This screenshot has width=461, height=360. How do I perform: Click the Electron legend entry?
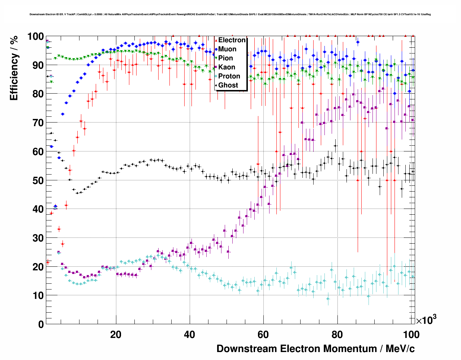(232, 40)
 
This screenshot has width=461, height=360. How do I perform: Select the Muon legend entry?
(227, 49)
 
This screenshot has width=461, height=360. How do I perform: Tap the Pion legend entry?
(225, 58)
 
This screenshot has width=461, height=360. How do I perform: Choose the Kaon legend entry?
(227, 67)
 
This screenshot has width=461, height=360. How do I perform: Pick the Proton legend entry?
(229, 76)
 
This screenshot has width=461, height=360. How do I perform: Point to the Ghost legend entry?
(228, 85)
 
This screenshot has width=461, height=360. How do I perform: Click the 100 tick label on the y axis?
(35, 37)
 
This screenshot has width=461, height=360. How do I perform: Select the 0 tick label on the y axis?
(41, 324)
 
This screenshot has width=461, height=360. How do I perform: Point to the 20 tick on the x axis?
(116, 335)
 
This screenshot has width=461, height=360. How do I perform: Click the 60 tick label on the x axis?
(263, 335)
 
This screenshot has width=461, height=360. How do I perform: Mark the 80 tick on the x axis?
(337, 335)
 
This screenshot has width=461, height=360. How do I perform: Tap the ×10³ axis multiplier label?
(426, 320)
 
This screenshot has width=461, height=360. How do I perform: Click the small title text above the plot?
(230, 14)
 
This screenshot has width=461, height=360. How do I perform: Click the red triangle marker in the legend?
(216, 40)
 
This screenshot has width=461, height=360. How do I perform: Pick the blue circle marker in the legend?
(216, 49)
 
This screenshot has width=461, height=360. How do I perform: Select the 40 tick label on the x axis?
(189, 335)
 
